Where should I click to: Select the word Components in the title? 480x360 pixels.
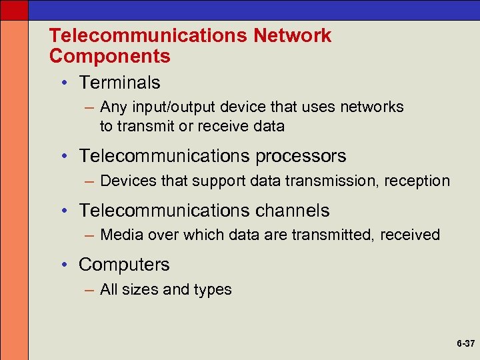(x=110, y=56)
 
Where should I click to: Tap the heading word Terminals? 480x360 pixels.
(x=119, y=83)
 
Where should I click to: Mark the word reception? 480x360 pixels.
(x=417, y=181)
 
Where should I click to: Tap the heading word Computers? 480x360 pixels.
(x=124, y=265)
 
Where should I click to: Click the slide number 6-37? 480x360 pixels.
(x=465, y=344)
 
